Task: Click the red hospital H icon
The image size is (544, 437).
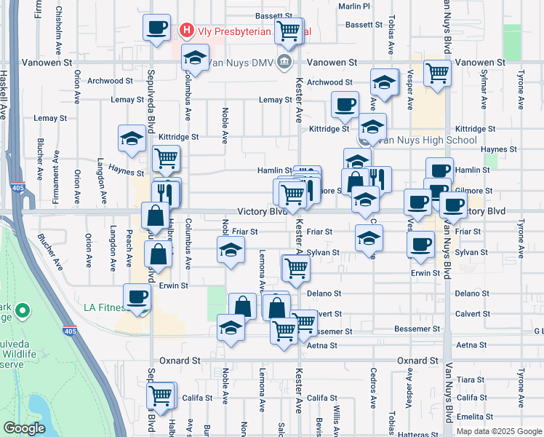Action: coord(187,31)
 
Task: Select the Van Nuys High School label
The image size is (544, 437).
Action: coord(427,140)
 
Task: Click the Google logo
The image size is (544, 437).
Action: coord(24,428)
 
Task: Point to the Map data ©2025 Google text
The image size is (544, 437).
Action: coord(499,431)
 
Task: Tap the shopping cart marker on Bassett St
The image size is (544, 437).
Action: coord(289,31)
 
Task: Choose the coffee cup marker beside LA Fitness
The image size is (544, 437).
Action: coord(137,296)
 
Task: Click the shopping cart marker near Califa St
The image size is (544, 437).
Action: coord(160,396)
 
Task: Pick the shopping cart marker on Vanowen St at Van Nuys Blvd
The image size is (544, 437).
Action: coord(438,73)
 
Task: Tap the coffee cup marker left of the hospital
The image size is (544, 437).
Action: coord(156,28)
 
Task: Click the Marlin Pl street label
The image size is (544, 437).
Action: coord(355,6)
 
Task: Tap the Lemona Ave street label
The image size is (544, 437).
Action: coord(261,268)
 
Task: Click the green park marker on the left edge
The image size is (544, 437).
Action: coord(23,312)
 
